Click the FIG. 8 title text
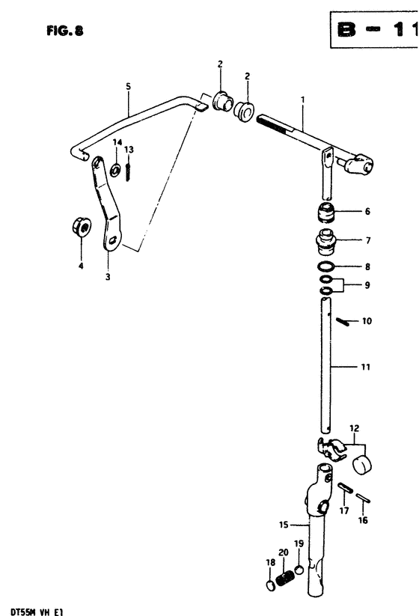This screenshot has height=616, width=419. (65, 31)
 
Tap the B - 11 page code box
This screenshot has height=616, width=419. (374, 29)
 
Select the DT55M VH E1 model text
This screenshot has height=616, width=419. (31, 612)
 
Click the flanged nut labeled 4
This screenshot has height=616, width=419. (82, 227)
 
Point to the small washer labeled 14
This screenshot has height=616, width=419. (115, 170)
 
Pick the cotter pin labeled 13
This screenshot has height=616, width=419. (128, 172)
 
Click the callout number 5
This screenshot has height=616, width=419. (129, 86)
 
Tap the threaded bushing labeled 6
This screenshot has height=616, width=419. (326, 213)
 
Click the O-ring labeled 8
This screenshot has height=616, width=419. (326, 266)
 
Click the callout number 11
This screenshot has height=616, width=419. (365, 368)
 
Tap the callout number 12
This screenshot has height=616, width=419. (354, 428)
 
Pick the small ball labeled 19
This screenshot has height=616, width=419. (299, 570)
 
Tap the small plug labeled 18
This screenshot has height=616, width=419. (271, 585)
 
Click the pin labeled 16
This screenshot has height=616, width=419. (362, 498)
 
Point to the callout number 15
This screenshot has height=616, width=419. (284, 525)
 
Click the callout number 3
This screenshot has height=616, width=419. (108, 277)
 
